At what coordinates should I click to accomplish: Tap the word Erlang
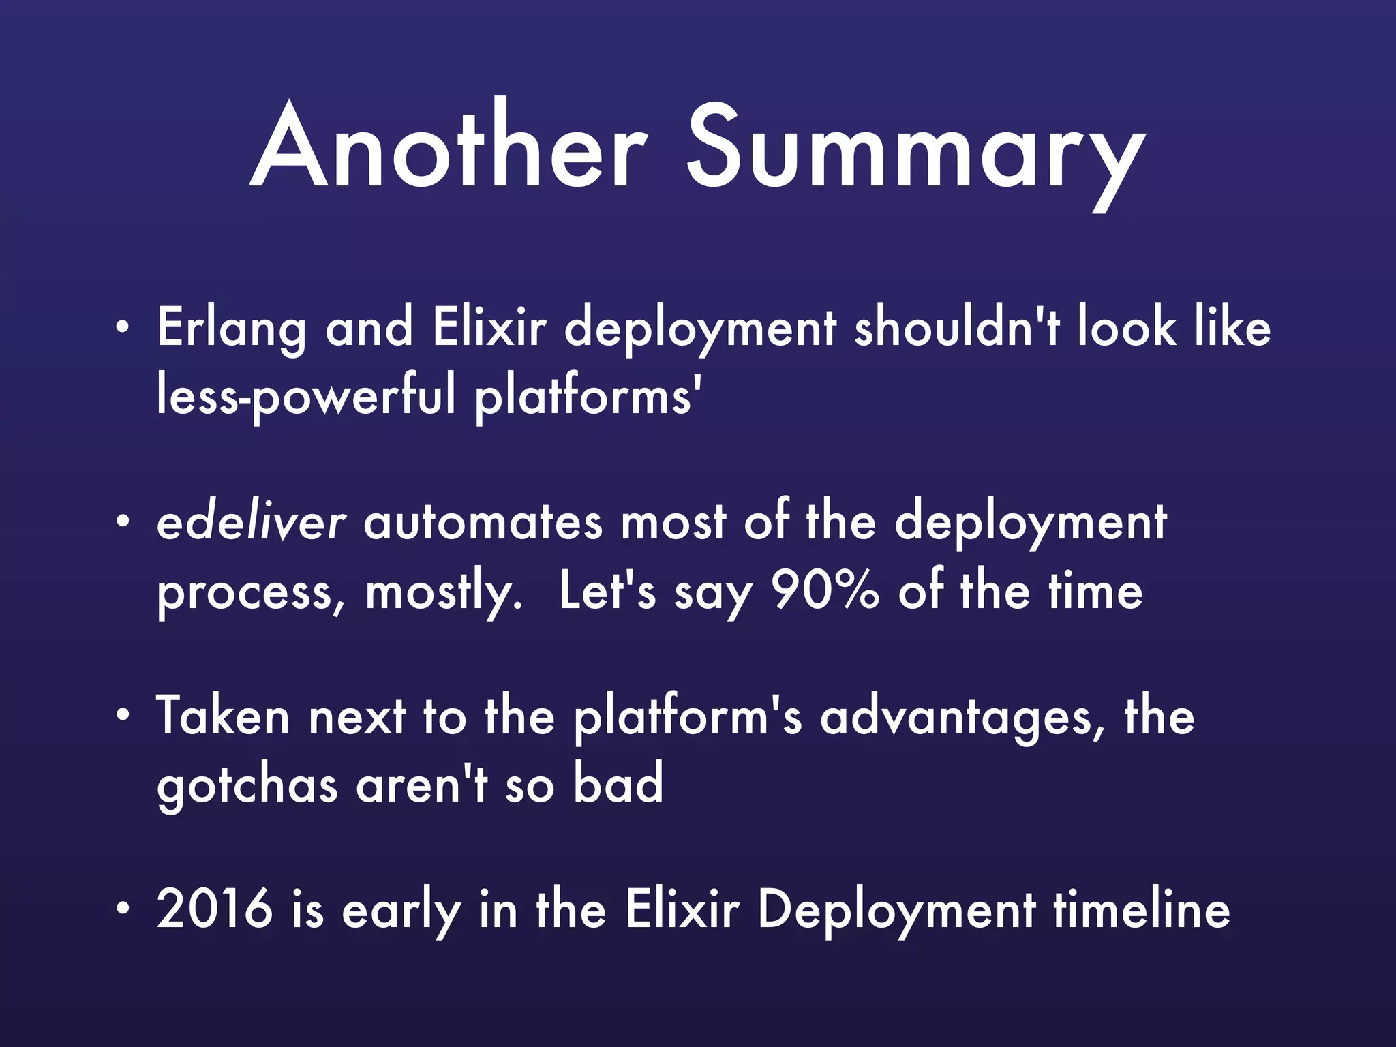[x=231, y=329]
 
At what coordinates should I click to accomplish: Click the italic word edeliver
[x=251, y=523]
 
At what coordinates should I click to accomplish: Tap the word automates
[x=483, y=524]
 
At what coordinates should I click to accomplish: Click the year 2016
[x=214, y=909]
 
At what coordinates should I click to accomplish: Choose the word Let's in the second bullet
[x=607, y=591]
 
